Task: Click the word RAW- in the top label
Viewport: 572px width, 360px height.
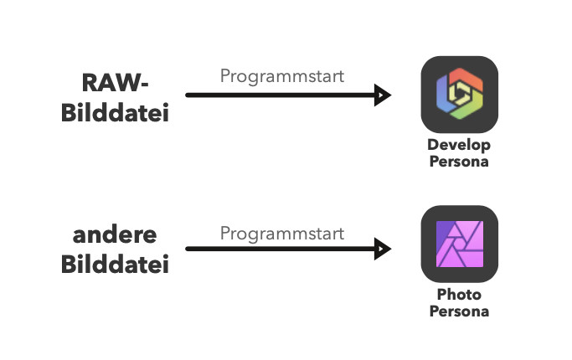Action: pos(115,83)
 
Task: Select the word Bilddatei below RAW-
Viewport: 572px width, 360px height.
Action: pos(115,111)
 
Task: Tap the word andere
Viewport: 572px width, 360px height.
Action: pos(115,235)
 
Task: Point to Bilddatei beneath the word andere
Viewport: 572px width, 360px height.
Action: pos(115,265)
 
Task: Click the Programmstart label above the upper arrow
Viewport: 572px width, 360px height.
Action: pos(282,76)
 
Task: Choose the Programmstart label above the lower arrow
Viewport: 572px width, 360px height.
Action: pos(282,234)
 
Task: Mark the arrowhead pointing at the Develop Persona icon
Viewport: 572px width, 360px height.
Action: pos(384,95)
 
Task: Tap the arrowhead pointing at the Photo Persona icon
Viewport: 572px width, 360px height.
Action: pos(384,249)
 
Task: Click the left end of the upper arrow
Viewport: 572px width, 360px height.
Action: pos(188,95)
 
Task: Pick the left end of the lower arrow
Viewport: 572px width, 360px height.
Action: pos(188,249)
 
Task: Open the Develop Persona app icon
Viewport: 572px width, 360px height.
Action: pos(459,95)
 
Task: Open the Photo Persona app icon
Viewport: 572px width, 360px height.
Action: pos(459,244)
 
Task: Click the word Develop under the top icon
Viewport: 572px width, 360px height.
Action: pos(459,146)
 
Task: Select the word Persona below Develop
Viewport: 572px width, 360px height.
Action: pos(459,161)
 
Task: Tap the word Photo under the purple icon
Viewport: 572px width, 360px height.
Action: pos(459,296)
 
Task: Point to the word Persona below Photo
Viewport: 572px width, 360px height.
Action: pos(459,311)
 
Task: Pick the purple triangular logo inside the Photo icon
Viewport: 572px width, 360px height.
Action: pos(459,244)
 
